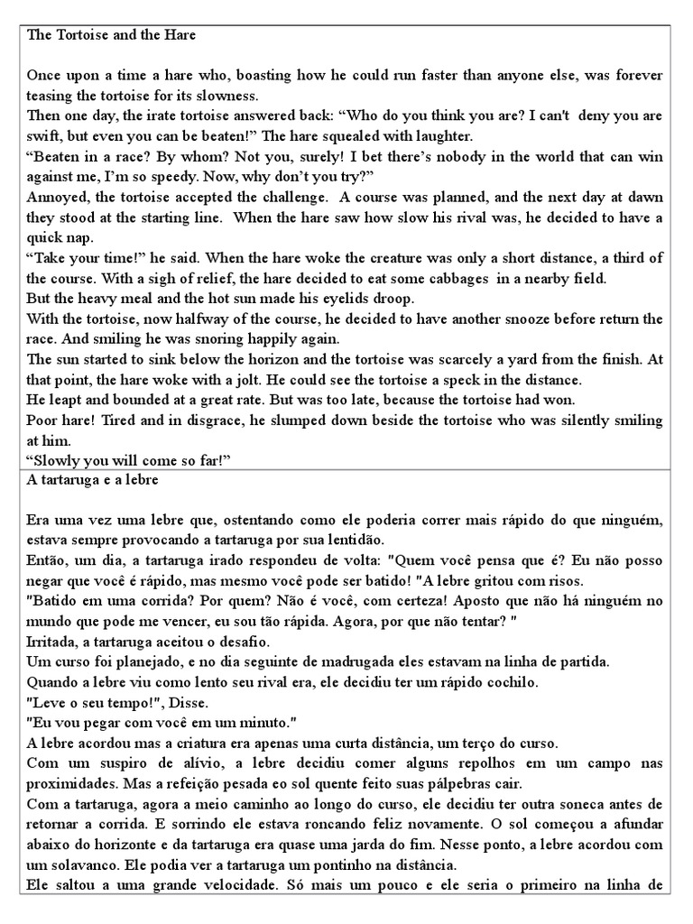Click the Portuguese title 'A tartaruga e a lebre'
click(94, 480)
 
